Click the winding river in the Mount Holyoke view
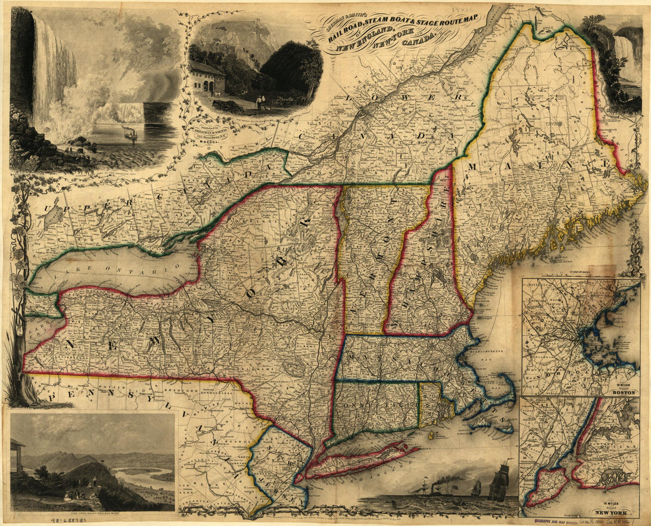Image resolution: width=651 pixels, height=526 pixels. point(139,473)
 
